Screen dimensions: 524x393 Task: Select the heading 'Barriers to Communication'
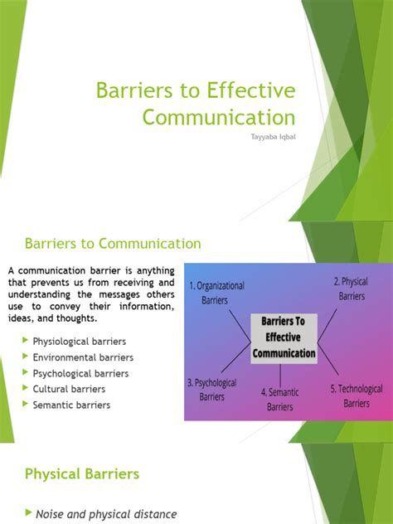pyautogui.click(x=113, y=244)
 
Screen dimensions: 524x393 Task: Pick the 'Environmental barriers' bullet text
pyautogui.click(x=83, y=357)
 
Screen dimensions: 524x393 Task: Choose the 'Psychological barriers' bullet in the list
pyautogui.click(x=81, y=373)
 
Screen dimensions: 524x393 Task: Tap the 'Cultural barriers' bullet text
pyautogui.click(x=69, y=389)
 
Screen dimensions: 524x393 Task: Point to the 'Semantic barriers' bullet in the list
pyautogui.click(x=71, y=405)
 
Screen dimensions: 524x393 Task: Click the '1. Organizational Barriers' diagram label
pyautogui.click(x=216, y=293)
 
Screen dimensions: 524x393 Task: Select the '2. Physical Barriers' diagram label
pyautogui.click(x=351, y=288)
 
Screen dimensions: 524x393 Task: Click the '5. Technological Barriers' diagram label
pyautogui.click(x=357, y=395)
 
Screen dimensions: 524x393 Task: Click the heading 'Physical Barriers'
pyautogui.click(x=82, y=474)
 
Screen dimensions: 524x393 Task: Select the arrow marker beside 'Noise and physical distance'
pyautogui.click(x=28, y=514)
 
